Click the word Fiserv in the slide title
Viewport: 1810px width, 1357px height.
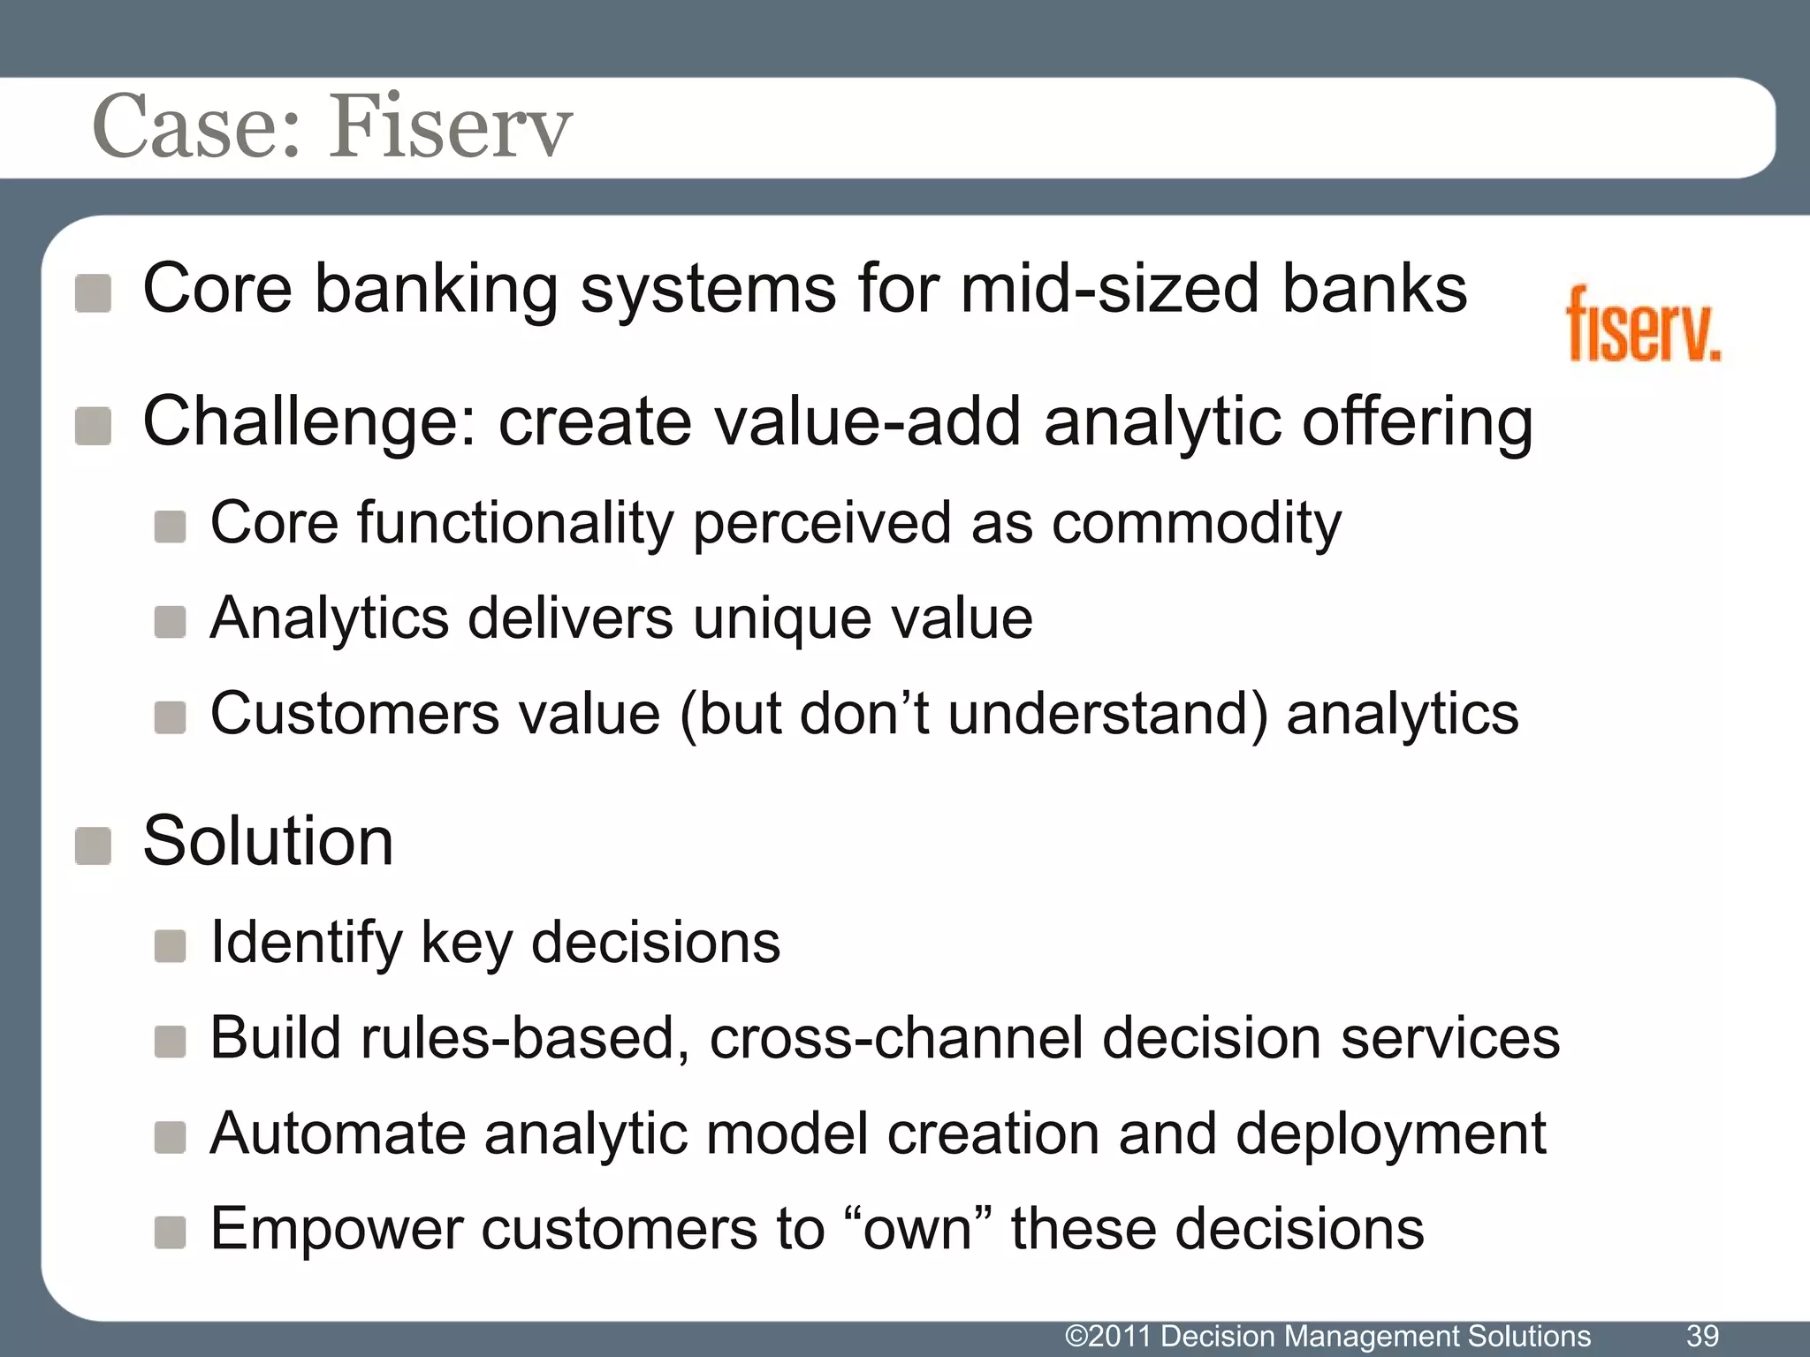coord(451,127)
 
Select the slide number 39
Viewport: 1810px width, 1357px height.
coord(1702,1335)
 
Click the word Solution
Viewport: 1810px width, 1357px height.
coord(268,841)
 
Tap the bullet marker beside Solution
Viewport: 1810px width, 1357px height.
coord(93,845)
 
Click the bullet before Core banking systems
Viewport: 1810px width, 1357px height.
coord(93,293)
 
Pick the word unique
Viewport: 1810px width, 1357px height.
coord(769,618)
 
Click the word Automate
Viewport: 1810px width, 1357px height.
coord(337,1133)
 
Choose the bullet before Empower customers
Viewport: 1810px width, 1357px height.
coord(170,1232)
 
